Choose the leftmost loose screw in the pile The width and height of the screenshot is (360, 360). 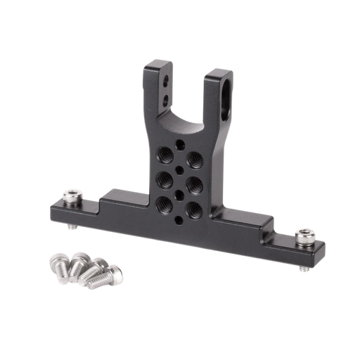(55, 264)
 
